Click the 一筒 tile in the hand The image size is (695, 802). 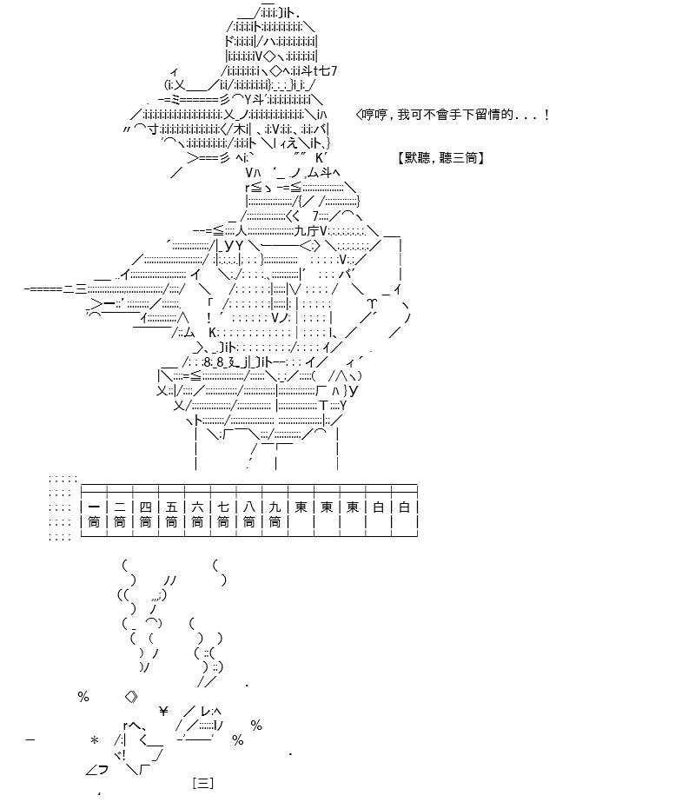point(94,514)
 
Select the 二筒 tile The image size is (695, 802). point(120,514)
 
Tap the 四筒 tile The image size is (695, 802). point(146,514)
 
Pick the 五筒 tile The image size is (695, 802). point(171,514)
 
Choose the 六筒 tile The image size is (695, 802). point(197,514)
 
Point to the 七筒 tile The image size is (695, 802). point(223,514)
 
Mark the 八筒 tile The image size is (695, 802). point(249,514)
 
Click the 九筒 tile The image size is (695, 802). point(275,514)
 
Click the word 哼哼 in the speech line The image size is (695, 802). point(374,115)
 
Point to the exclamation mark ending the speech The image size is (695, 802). point(547,115)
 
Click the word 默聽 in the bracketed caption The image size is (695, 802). point(417,158)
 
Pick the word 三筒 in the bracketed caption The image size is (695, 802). point(465,158)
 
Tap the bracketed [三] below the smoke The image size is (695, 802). point(203,783)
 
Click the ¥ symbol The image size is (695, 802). point(163,711)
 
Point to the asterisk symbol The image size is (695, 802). point(94,739)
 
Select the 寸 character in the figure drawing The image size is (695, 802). point(154,129)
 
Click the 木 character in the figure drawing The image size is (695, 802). point(241,129)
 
